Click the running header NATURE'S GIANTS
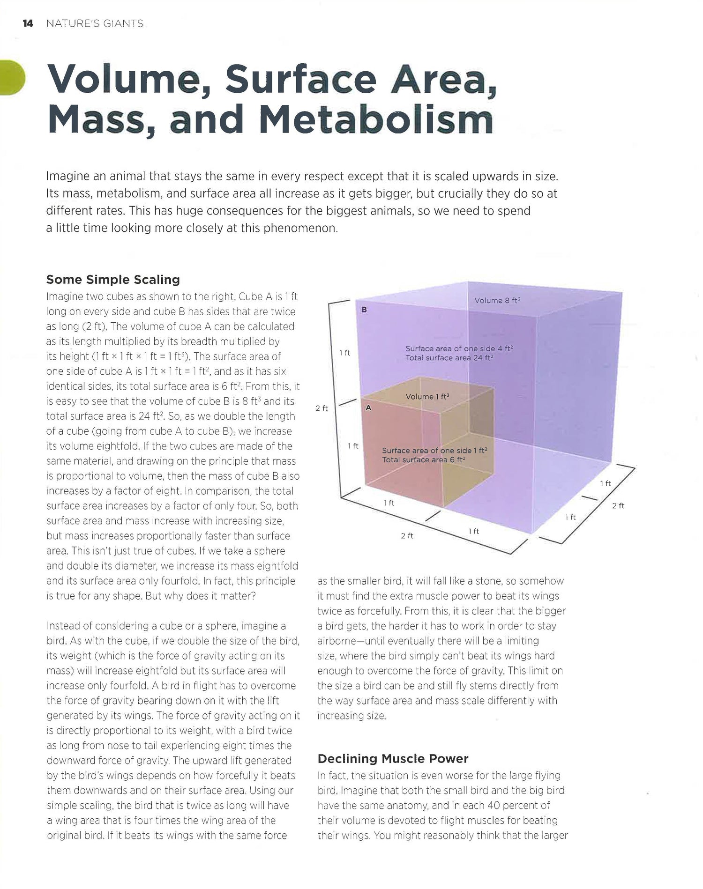tap(95, 24)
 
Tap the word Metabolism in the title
tap(376, 120)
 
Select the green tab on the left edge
tap(11, 78)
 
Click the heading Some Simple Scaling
tap(113, 280)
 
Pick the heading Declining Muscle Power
tap(393, 758)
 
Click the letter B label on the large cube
tap(364, 310)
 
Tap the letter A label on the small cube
tap(368, 408)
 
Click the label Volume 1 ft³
tap(427, 397)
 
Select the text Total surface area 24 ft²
tap(449, 358)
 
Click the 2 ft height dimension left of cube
tap(322, 408)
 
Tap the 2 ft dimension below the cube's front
tap(407, 536)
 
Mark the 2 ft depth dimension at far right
tap(618, 506)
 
